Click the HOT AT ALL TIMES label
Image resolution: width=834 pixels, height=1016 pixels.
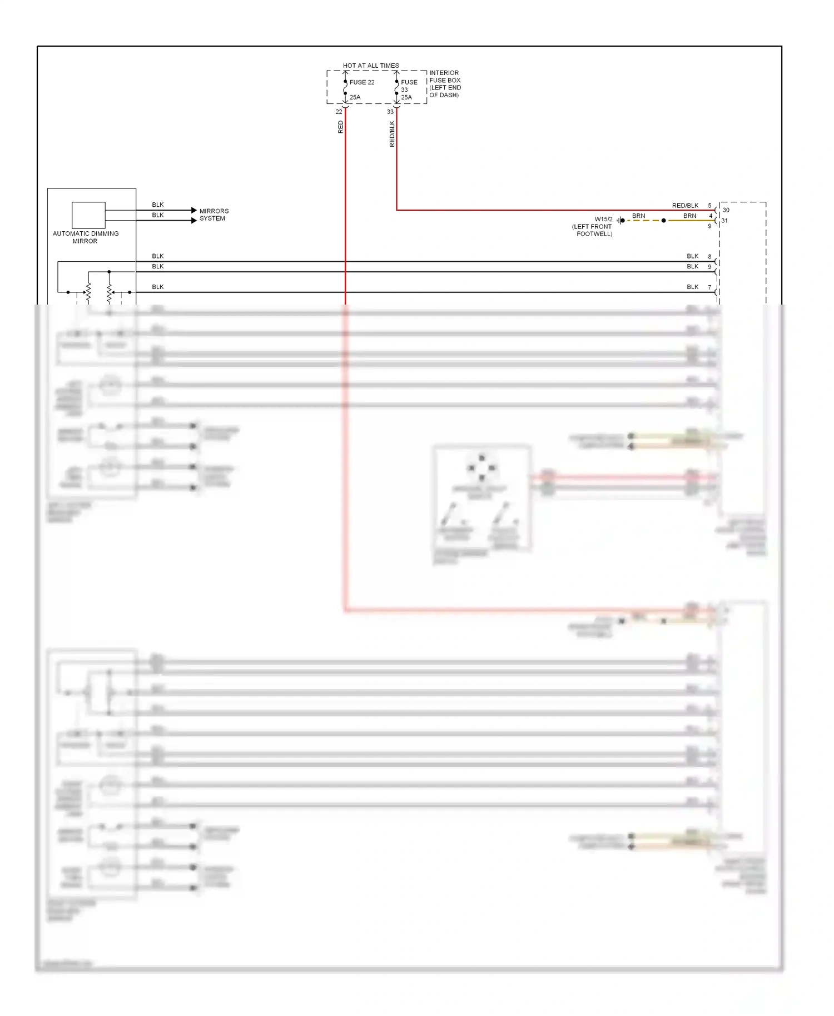pos(371,66)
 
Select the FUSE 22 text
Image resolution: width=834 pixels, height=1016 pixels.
pos(362,82)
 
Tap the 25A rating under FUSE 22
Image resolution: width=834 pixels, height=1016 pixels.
pos(355,97)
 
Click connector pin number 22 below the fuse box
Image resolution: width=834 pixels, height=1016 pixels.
pos(339,112)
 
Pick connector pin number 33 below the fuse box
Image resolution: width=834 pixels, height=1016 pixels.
pos(390,112)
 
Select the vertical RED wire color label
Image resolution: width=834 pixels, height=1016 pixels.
pos(340,127)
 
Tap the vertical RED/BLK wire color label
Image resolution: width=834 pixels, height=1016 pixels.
pos(392,134)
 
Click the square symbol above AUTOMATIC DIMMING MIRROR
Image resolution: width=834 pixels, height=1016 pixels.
pos(88,215)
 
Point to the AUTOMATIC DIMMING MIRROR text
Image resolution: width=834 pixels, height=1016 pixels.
pos(86,237)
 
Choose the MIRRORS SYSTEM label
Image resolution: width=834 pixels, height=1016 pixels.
pos(214,215)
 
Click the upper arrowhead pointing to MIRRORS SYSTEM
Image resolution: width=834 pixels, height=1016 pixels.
pos(193,210)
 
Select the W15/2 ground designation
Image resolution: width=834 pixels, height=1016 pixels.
pos(603,219)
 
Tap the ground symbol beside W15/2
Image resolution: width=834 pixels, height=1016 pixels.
pos(620,221)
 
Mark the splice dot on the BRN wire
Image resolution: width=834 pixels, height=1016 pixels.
pos(663,221)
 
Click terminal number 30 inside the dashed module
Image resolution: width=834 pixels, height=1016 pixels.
pos(726,210)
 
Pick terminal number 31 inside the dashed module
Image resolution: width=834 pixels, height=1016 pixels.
pos(724,221)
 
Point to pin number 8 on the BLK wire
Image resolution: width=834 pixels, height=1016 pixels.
pos(709,256)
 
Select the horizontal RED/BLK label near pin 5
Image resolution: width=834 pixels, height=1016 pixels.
pos(685,206)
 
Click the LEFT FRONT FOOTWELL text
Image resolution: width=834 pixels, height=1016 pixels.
pos(593,230)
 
